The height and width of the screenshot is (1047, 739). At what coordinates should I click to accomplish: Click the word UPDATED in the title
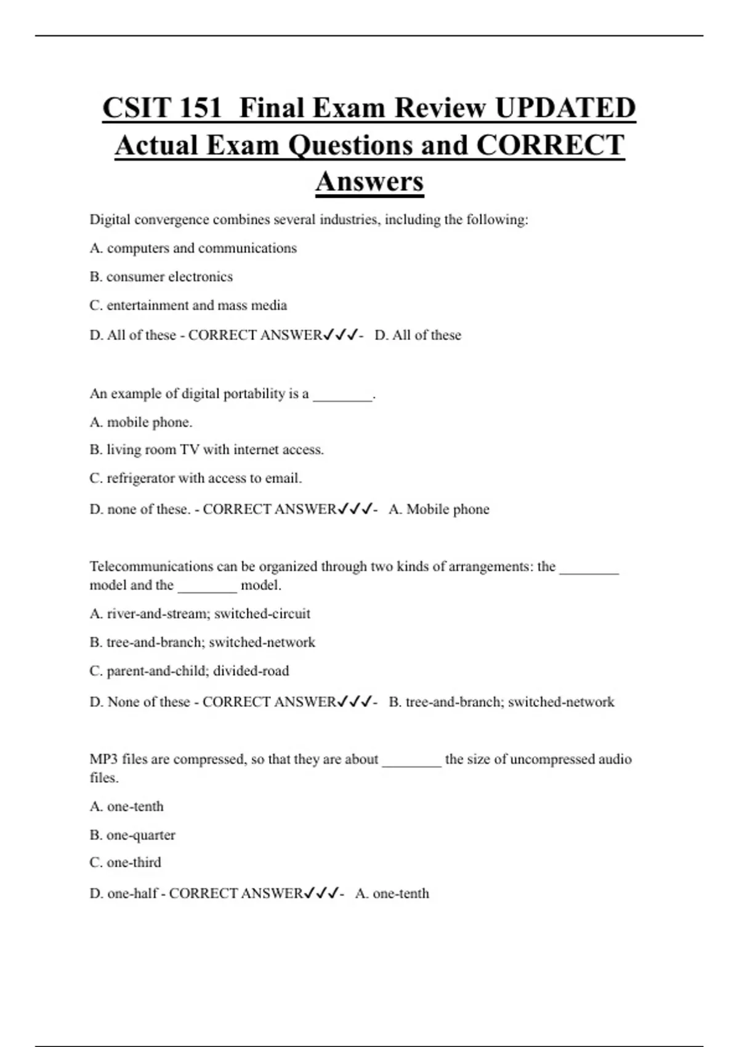coord(565,108)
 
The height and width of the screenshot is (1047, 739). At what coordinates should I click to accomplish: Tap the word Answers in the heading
coord(369,182)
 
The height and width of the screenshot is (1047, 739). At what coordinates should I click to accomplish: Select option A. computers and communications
coord(193,248)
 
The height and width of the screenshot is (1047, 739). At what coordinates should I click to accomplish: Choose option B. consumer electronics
coord(161,277)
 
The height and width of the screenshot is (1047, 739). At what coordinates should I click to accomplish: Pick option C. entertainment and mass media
coord(188,305)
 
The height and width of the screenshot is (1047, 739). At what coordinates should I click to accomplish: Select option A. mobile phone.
coord(141,422)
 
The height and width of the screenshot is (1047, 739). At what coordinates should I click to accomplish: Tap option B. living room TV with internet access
coord(206,450)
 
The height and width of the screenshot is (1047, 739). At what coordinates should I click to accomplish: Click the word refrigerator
coord(140,479)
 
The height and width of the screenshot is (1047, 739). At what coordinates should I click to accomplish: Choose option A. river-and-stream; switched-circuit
coord(200,614)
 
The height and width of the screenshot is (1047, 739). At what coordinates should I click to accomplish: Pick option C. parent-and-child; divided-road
coord(189,671)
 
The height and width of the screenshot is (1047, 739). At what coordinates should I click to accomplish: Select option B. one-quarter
coord(132,835)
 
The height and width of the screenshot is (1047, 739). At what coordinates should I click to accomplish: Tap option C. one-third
coord(125,863)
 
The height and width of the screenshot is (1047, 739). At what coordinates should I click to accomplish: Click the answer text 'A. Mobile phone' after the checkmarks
coord(438,509)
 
